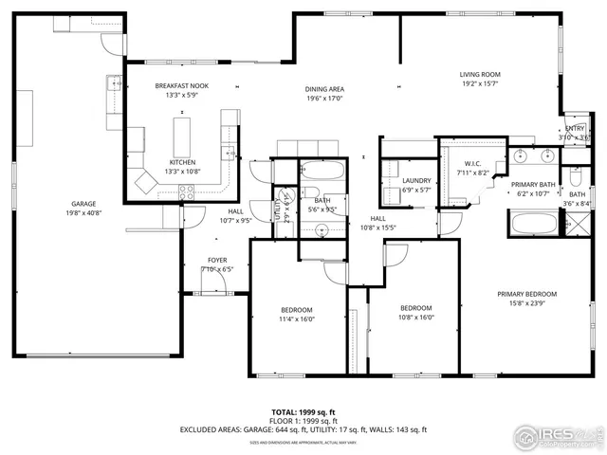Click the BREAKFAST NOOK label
pos(181,85)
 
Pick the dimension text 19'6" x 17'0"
pos(323,99)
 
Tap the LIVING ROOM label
pos(480,74)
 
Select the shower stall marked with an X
pos(577,224)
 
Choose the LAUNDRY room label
pos(416,180)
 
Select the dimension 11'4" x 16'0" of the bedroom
pos(296,319)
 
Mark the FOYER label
pos(217,259)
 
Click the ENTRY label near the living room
pos(575,128)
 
